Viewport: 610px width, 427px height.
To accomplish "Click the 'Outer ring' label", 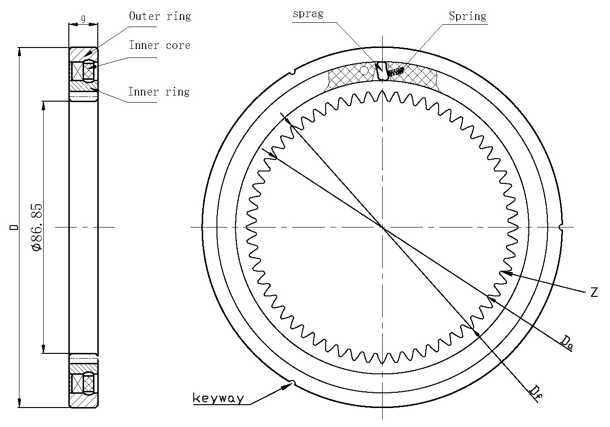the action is [x=160, y=16].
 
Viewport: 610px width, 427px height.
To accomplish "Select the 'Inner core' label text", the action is [x=160, y=45].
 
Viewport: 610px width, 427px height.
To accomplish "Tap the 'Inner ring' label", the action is [x=159, y=92].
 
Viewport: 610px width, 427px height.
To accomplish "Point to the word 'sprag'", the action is [x=308, y=14].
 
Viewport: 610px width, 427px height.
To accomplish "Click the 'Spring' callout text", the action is [x=468, y=17].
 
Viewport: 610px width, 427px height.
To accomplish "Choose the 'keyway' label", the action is [x=218, y=399].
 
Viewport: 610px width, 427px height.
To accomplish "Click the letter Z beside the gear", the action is [x=594, y=292].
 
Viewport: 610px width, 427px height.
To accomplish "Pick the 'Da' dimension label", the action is [x=567, y=342].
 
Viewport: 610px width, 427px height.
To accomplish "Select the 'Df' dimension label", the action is [x=536, y=393].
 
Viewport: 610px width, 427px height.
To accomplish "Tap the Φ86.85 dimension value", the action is [x=38, y=227].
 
